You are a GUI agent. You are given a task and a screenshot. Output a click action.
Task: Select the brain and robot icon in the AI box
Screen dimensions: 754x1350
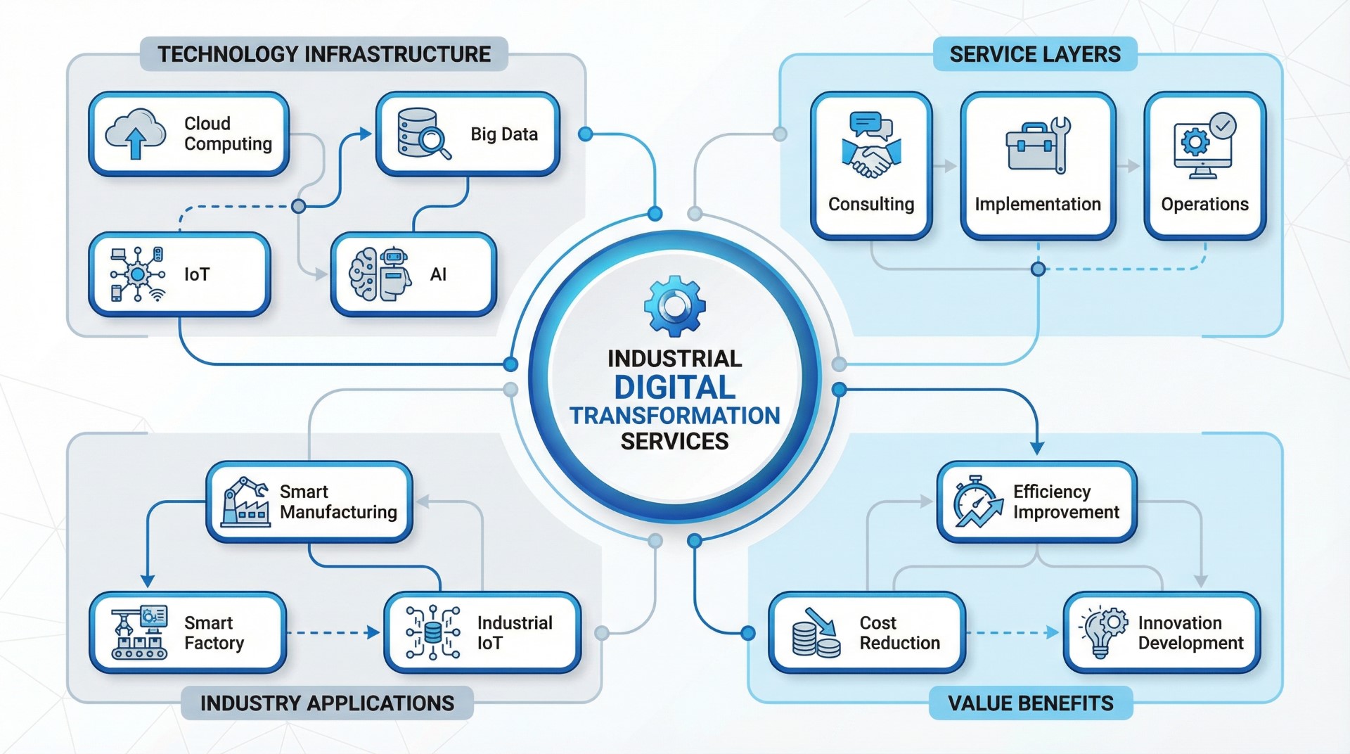tap(380, 274)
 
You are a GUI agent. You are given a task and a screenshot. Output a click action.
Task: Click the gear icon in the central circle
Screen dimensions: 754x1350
tap(674, 305)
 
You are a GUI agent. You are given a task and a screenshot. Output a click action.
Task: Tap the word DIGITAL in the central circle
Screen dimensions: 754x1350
tap(674, 388)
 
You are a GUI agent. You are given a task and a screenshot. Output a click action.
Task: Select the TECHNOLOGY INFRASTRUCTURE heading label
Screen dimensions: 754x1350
tap(323, 54)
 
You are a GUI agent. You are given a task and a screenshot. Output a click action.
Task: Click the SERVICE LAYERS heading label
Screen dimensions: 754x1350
tap(1035, 54)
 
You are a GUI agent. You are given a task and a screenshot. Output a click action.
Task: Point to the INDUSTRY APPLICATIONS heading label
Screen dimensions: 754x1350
tap(327, 703)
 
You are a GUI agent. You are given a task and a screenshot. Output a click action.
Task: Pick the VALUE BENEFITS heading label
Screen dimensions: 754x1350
tap(1031, 703)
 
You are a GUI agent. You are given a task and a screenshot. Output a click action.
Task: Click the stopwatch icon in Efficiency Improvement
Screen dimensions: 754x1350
tap(977, 501)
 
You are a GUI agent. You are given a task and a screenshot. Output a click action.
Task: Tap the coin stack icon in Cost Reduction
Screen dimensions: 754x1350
tap(816, 633)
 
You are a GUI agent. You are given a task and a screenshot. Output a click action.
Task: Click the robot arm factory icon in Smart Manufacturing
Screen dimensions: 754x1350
tap(245, 501)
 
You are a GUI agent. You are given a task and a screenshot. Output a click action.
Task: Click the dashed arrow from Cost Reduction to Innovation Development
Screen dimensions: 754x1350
tap(1012, 633)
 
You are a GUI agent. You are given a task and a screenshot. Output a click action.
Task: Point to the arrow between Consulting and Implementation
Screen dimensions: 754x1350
tap(946, 166)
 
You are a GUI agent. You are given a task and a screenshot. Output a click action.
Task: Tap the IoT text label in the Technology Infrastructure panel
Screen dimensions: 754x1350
tap(197, 274)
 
